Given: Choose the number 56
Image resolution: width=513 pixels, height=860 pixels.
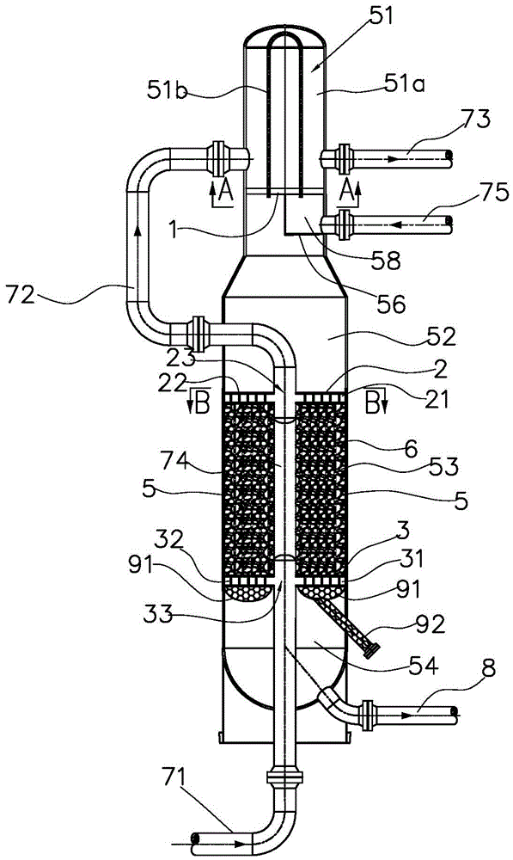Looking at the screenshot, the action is (x=392, y=303).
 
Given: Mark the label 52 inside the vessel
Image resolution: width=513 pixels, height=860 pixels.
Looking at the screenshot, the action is (x=441, y=337).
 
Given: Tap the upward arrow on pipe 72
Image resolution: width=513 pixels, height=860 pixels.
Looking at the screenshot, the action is (x=137, y=234).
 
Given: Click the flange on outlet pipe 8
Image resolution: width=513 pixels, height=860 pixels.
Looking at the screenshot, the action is (x=367, y=716).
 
